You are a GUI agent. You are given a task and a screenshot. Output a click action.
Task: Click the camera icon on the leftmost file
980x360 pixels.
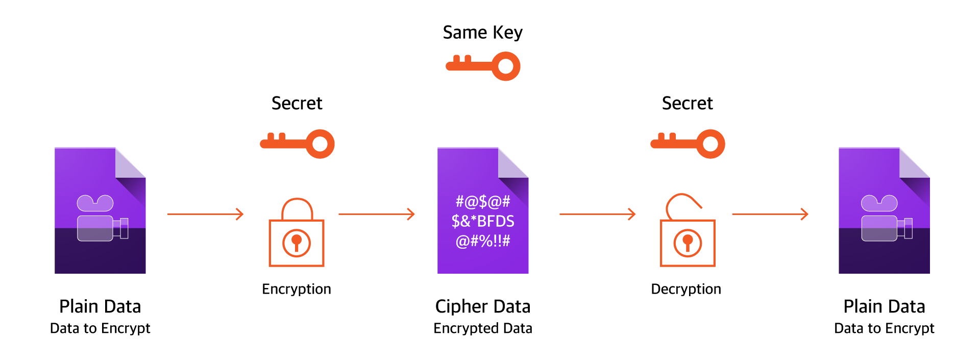pyautogui.click(x=102, y=219)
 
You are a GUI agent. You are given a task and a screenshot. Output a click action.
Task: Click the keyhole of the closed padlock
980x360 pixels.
pyautogui.click(x=296, y=243)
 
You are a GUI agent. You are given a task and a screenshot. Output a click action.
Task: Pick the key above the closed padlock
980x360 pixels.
pyautogui.click(x=297, y=143)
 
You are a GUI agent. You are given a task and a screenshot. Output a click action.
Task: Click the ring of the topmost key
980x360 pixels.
pyautogui.click(x=505, y=66)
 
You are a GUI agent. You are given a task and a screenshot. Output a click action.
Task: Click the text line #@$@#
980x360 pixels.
pyautogui.click(x=483, y=202)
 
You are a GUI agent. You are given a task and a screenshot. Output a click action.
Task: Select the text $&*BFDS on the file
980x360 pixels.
pyautogui.click(x=483, y=221)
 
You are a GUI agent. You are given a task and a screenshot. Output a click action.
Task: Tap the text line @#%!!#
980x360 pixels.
pyautogui.click(x=483, y=241)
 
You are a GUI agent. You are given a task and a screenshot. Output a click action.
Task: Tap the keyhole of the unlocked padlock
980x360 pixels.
pyautogui.click(x=688, y=243)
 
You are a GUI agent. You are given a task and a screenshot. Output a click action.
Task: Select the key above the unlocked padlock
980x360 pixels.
pyautogui.click(x=688, y=143)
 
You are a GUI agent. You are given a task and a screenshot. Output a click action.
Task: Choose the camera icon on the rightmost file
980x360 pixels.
pyautogui.click(x=886, y=219)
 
